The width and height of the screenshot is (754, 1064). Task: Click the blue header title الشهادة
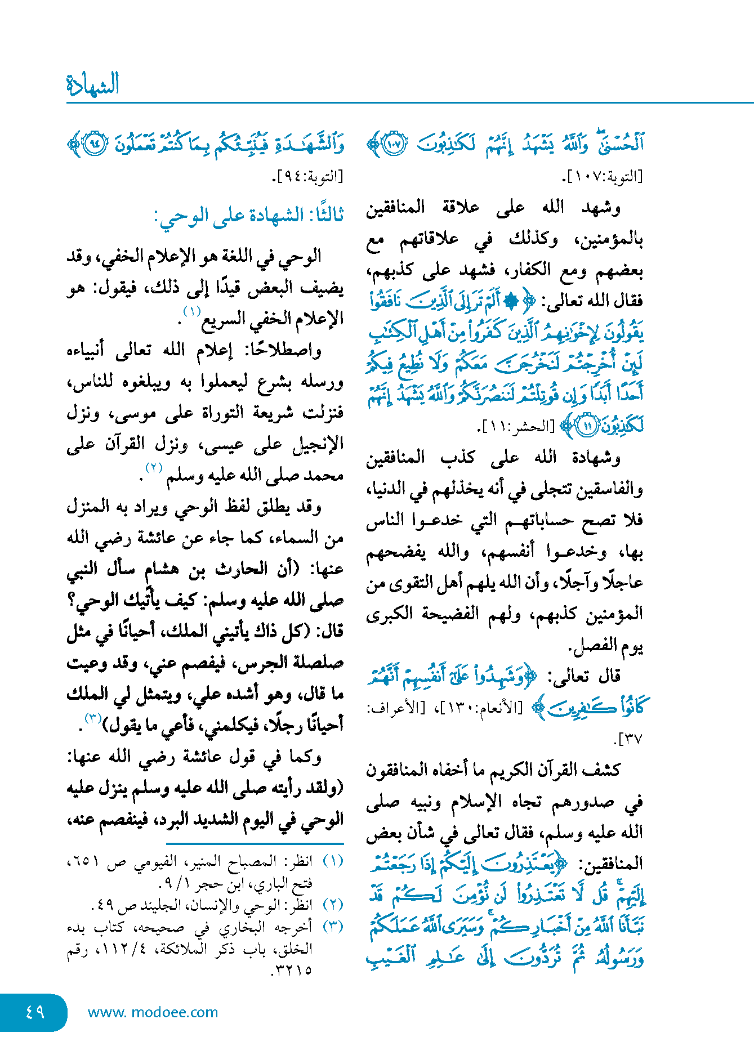point(93,84)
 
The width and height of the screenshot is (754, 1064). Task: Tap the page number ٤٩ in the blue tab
point(35,1012)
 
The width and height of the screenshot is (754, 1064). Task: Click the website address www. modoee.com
point(153,1012)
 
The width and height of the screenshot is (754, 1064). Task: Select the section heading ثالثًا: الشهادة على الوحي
point(249,216)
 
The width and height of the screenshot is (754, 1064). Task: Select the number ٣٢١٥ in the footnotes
point(293,971)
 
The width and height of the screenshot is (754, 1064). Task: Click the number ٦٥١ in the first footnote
point(84,862)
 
